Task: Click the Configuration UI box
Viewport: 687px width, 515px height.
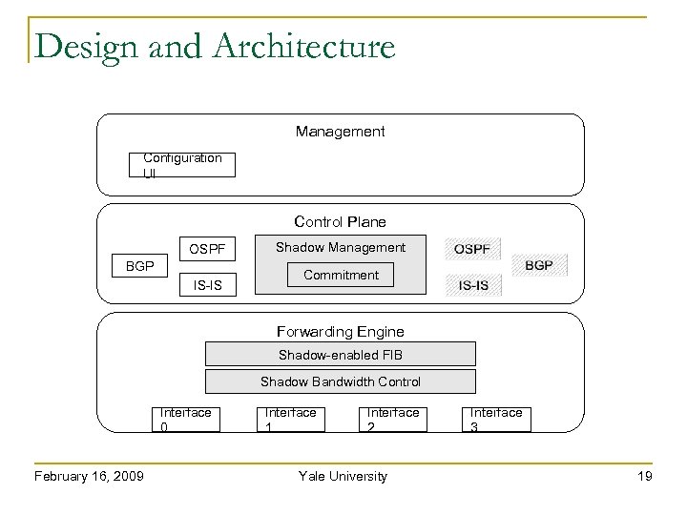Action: pos(182,164)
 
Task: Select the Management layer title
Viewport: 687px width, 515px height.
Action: pos(340,131)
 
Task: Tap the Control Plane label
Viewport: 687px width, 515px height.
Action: pos(340,222)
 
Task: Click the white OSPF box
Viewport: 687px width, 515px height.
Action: pos(208,249)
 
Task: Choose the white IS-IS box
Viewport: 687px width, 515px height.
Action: pos(208,283)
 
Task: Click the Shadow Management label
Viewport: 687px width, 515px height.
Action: pos(341,247)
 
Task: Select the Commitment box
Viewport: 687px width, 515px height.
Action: pos(341,275)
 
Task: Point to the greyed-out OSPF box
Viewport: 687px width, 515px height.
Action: pos(473,249)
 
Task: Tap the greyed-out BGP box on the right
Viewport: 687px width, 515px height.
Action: pos(539,264)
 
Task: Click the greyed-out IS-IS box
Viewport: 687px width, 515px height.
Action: pos(473,284)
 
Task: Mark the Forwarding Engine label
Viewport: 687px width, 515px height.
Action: pos(340,332)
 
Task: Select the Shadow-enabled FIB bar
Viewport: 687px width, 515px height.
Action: pos(341,355)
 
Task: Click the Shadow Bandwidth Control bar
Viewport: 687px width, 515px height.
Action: pos(341,381)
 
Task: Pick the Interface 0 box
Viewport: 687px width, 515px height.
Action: pos(186,420)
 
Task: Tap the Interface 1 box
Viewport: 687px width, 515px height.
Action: pos(290,420)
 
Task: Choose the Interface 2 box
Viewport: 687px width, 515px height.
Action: pos(393,420)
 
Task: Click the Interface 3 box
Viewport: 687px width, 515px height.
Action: pos(496,420)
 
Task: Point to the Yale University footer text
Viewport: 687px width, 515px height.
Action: pos(343,476)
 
